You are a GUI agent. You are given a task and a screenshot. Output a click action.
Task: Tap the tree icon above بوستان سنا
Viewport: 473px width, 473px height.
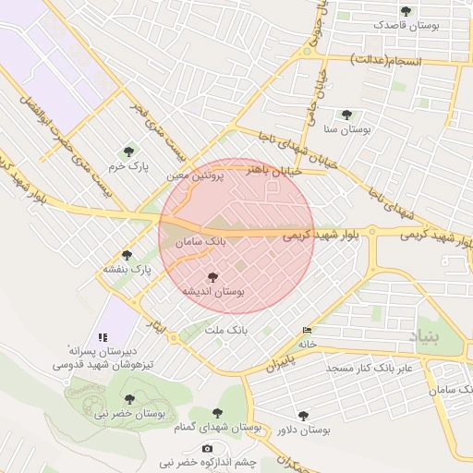click(346, 115)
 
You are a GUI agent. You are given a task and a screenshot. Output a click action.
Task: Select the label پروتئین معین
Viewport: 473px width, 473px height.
click(196, 175)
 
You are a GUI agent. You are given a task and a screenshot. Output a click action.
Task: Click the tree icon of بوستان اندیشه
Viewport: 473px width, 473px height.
click(213, 276)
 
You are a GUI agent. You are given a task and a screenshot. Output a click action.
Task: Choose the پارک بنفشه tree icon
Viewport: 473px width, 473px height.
click(127, 255)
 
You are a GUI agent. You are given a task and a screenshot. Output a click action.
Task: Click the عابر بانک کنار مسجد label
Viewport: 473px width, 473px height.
click(374, 368)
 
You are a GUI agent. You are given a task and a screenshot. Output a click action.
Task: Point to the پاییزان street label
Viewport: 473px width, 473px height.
click(285, 358)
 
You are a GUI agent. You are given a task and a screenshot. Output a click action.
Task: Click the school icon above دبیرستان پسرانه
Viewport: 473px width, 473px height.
click(103, 336)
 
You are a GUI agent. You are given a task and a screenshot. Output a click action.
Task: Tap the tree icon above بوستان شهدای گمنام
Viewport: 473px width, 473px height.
click(218, 414)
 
